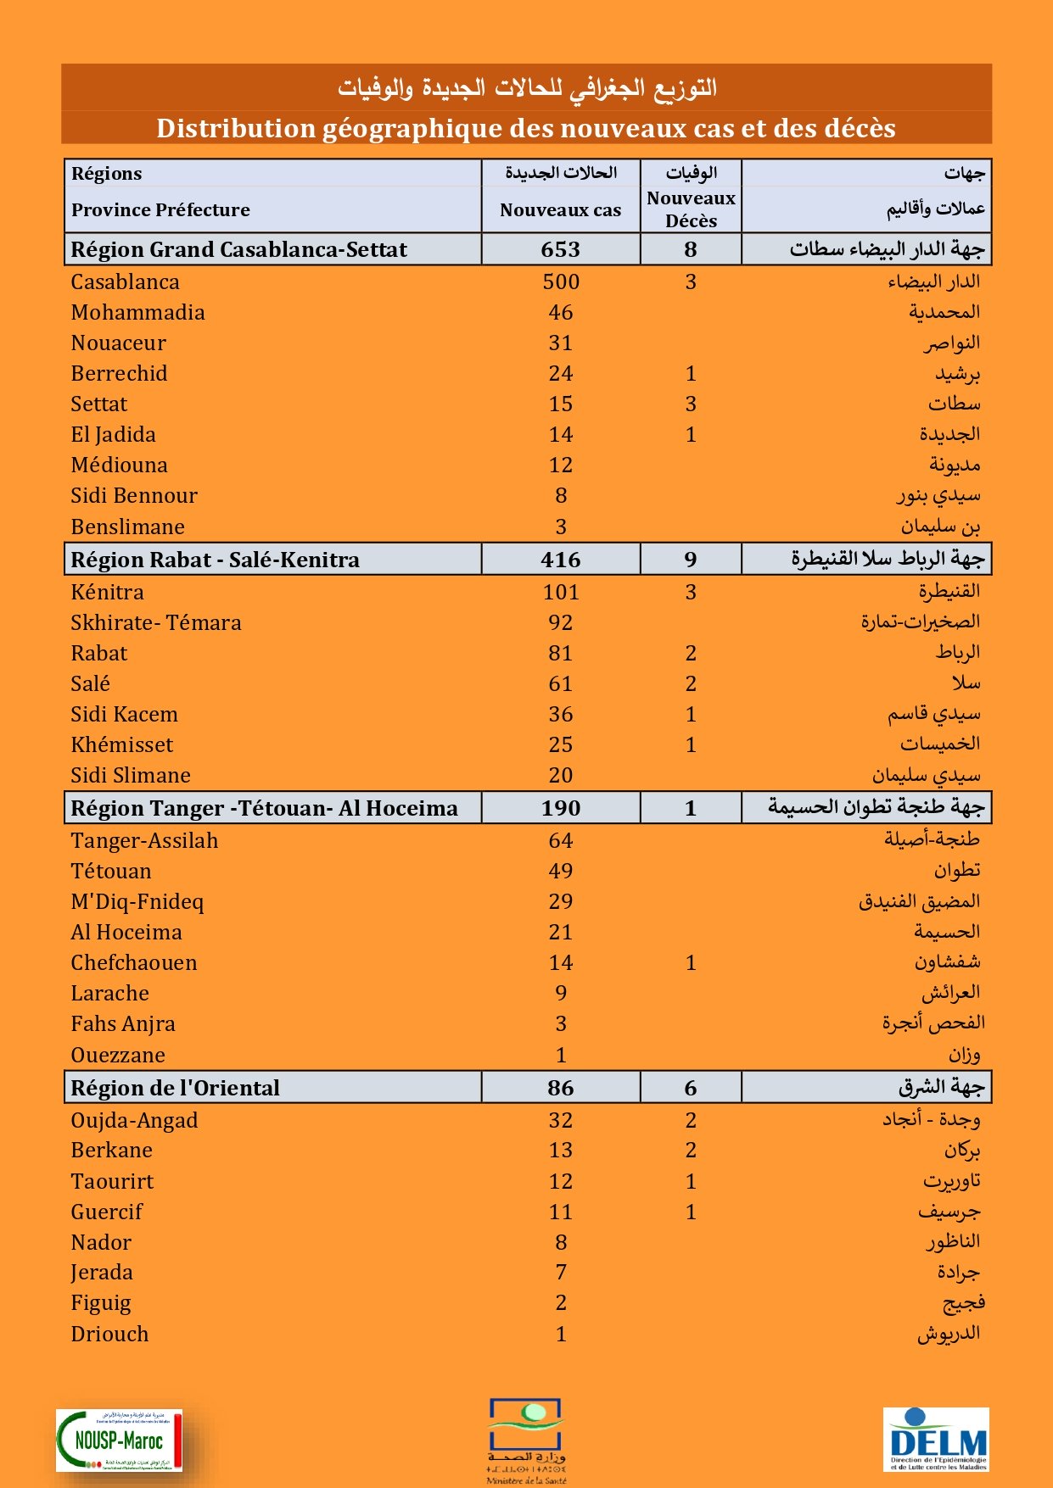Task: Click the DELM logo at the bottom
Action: pyautogui.click(x=936, y=1439)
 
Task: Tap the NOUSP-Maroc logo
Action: pyautogui.click(x=119, y=1440)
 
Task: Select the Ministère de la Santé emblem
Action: pyautogui.click(x=526, y=1440)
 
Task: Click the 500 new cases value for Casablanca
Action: pyautogui.click(x=561, y=282)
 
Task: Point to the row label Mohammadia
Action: pyautogui.click(x=137, y=313)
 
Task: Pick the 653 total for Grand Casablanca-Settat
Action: pyautogui.click(x=561, y=250)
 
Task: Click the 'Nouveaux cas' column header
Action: pyautogui.click(x=560, y=210)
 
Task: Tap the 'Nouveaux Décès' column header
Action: pyautogui.click(x=691, y=209)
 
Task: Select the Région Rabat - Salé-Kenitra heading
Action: pyautogui.click(x=215, y=560)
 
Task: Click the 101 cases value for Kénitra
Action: pyautogui.click(x=561, y=593)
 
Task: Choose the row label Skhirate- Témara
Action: pyautogui.click(x=156, y=623)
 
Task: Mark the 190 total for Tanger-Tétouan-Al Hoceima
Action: pyautogui.click(x=561, y=809)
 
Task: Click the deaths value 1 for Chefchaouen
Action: pyautogui.click(x=691, y=963)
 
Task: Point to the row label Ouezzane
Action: pyautogui.click(x=118, y=1056)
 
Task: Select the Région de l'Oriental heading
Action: pyautogui.click(x=175, y=1089)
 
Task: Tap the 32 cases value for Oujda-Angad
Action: pyautogui.click(x=561, y=1121)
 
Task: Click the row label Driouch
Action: pyautogui.click(x=109, y=1335)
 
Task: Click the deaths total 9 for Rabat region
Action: pyautogui.click(x=691, y=560)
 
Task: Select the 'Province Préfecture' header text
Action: pyautogui.click(x=160, y=210)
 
